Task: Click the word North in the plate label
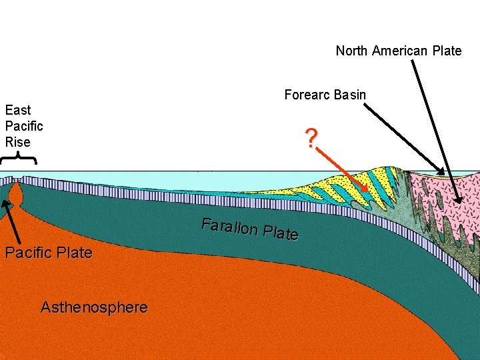(x=351, y=51)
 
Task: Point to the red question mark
(x=310, y=139)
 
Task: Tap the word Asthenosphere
(x=94, y=307)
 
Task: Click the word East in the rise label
(x=18, y=110)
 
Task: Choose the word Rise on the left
(x=18, y=141)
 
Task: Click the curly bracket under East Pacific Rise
(x=18, y=159)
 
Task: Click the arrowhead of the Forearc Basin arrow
(x=443, y=170)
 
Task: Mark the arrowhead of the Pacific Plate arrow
(x=5, y=203)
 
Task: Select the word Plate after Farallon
(x=280, y=233)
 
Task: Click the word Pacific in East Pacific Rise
(x=24, y=126)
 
